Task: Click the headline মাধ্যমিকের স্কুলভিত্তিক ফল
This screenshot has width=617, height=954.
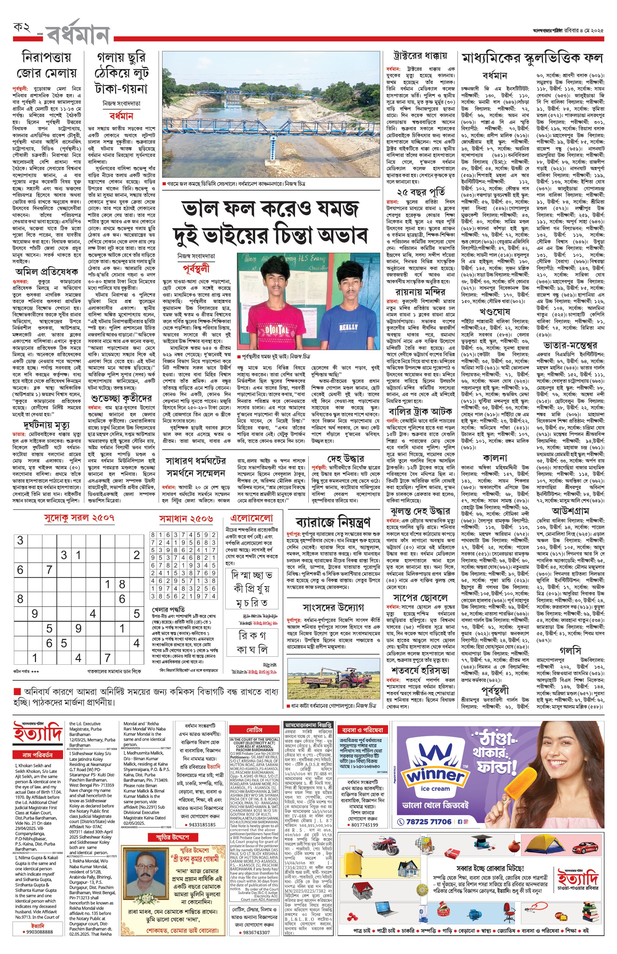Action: point(532,58)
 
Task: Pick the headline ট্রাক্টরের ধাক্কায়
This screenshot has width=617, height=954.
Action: point(420,56)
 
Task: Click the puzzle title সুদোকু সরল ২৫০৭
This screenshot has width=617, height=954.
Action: point(79,518)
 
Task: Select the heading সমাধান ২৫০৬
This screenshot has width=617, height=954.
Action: point(186,519)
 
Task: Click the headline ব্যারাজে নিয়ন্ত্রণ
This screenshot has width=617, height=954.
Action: point(333,522)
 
